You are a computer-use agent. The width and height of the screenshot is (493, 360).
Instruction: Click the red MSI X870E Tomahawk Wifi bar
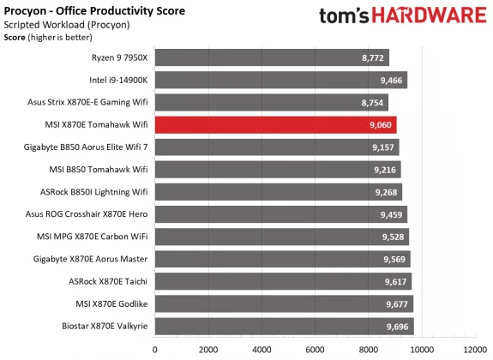tap(274, 125)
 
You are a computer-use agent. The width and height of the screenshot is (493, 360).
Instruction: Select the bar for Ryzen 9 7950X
tap(271, 58)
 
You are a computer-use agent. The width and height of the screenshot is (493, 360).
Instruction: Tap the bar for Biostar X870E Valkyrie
tap(283, 326)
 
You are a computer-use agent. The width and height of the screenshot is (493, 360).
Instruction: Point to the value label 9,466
tap(388, 81)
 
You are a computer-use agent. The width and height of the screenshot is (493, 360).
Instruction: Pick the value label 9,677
tap(394, 303)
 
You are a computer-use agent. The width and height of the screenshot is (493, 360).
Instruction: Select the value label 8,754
tap(370, 103)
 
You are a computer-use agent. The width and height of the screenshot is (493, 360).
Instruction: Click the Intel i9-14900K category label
tap(117, 81)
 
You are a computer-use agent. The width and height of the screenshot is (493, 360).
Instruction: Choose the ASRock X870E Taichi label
tap(107, 281)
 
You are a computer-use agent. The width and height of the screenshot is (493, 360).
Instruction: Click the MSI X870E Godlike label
tap(111, 303)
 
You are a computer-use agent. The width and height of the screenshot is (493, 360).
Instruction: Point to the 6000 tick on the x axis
tap(315, 350)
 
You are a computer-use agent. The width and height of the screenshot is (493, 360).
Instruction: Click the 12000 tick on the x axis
tap(474, 350)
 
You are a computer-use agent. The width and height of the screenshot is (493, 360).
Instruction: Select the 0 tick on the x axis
tap(155, 350)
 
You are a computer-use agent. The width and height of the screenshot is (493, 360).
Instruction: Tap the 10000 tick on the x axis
tap(421, 350)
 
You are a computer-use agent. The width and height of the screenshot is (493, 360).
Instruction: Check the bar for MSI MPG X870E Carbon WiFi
tap(281, 237)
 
